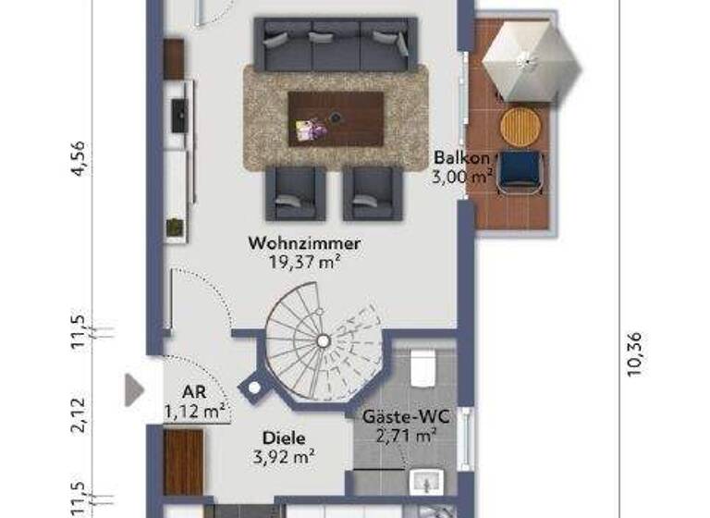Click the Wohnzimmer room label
point(304,243)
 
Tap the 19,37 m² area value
point(304,262)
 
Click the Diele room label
point(283,438)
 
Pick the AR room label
point(193,393)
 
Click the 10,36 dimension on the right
point(634,355)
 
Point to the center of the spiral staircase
point(324,341)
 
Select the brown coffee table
point(336,118)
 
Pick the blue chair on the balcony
point(520,172)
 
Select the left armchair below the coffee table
point(295,193)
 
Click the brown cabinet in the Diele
point(183,462)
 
